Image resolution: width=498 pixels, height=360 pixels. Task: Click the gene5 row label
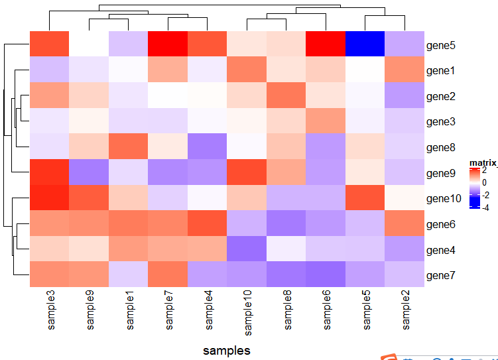(441, 47)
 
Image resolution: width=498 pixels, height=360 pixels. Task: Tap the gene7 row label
(441, 275)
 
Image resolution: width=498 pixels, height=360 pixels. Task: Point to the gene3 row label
(441, 122)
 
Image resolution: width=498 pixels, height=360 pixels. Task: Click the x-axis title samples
(227, 350)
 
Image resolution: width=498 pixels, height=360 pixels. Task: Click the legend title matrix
(482, 162)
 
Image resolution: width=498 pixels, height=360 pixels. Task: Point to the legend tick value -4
(485, 208)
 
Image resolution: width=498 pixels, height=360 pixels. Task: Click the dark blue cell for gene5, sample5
(365, 44)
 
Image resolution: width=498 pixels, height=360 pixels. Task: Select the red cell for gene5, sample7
(168, 44)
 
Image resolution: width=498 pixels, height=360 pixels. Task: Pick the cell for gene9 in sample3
(49, 172)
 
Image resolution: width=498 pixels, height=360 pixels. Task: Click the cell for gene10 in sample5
(365, 198)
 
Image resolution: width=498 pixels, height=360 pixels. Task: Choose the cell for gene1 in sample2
(404, 70)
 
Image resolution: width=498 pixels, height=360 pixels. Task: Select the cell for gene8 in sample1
(129, 147)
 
